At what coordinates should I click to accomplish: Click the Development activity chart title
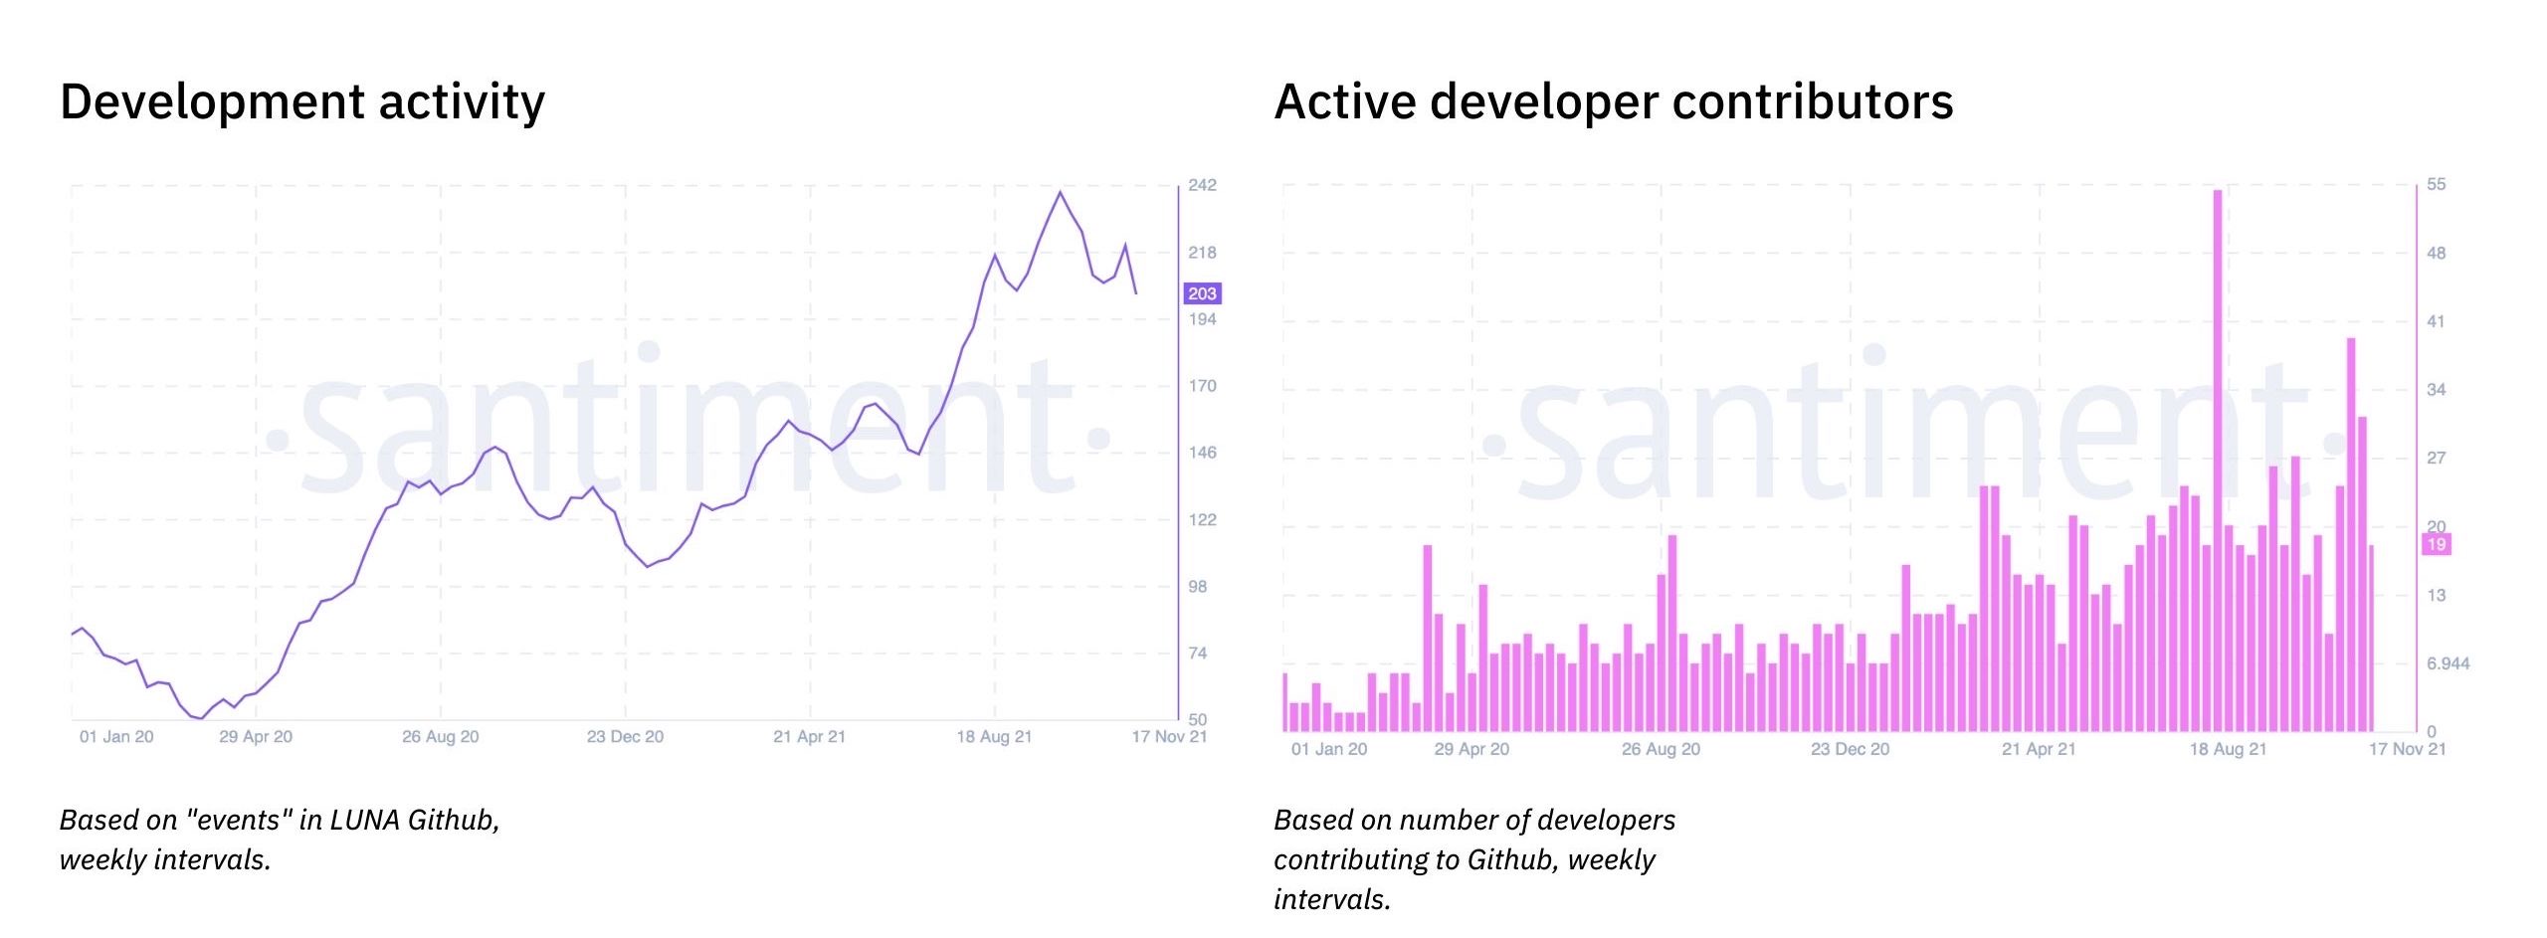click(x=302, y=102)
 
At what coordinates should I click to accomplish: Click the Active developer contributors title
click(x=1613, y=102)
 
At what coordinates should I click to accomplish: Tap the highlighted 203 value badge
click(x=1202, y=293)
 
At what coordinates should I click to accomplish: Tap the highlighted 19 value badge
click(x=2436, y=544)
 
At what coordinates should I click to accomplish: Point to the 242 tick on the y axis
click(x=1202, y=185)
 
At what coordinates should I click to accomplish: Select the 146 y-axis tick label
click(x=1202, y=453)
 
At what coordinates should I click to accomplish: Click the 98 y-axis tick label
click(x=1198, y=587)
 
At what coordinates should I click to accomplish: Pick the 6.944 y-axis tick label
click(x=2448, y=663)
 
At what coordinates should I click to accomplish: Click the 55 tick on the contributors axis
click(x=2436, y=185)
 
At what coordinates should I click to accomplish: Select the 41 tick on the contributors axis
click(x=2436, y=321)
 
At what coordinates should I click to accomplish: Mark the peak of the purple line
click(x=1060, y=192)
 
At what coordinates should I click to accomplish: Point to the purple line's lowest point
click(x=202, y=718)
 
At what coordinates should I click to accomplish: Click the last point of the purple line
click(x=1136, y=293)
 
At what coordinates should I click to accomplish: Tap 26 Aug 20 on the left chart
click(x=440, y=737)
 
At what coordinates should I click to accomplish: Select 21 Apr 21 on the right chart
click(x=2039, y=749)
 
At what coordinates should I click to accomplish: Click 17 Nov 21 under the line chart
click(x=1169, y=737)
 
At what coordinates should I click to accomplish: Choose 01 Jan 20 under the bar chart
click(x=1329, y=749)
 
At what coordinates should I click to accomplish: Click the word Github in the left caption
click(x=454, y=820)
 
